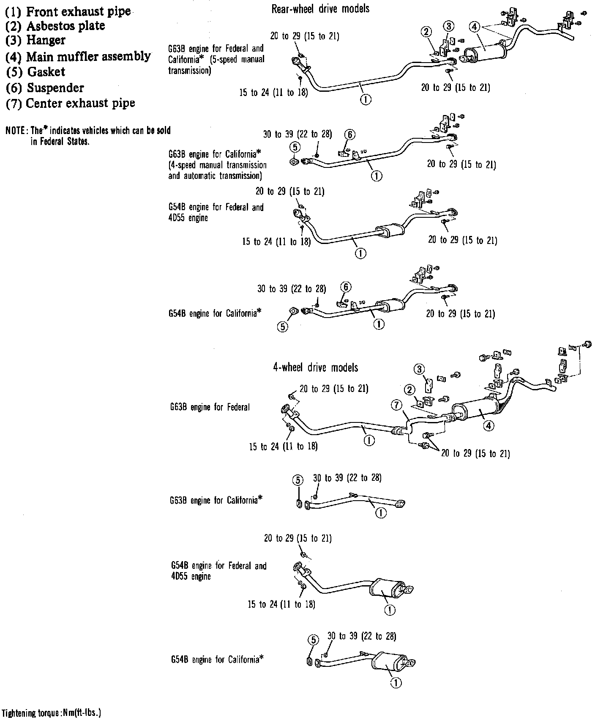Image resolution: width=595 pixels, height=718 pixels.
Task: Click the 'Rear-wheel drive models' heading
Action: pos(320,8)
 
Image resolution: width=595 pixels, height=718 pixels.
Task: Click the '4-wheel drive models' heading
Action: pos(316,367)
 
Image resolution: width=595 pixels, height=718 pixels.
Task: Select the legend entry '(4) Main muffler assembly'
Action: pos(78,56)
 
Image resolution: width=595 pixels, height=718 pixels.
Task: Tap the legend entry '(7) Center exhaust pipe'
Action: pos(71,103)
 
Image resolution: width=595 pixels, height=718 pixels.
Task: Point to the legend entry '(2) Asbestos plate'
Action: pos(55,26)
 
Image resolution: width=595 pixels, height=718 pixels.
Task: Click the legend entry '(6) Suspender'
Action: pos(45,88)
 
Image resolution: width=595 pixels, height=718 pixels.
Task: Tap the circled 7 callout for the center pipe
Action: pos(396,406)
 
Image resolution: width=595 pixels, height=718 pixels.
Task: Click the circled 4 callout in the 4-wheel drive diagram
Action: pos(489,426)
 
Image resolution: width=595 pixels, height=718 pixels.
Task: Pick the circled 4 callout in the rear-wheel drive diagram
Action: pos(475,27)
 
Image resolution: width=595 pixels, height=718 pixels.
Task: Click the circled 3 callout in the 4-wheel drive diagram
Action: pos(419,369)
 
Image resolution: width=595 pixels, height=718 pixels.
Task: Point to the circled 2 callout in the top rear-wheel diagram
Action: pos(426,31)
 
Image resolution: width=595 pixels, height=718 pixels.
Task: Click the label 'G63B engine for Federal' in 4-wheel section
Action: pos(210,407)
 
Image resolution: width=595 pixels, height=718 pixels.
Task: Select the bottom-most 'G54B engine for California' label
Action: pos(217,659)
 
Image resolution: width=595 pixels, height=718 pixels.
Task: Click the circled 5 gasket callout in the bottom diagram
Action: pos(313,640)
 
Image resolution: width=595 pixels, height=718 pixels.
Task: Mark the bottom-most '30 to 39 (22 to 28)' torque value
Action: pos(362,636)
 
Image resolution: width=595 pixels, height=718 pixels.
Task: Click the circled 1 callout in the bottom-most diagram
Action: pos(396,682)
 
